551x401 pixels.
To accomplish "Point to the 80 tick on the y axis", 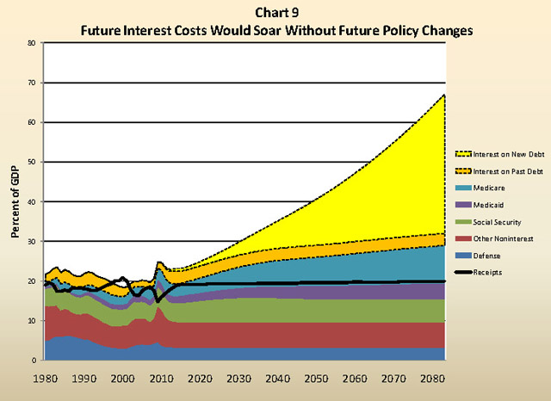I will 31,42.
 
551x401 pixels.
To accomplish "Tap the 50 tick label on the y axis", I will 31,162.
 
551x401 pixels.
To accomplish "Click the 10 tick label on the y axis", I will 31,321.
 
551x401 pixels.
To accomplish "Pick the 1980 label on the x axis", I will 45,377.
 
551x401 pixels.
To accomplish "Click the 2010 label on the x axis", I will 159,377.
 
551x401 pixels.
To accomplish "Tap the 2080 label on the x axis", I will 427,377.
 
